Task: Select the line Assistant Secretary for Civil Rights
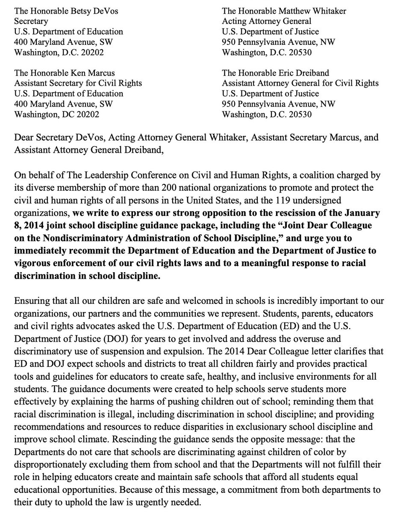point(78,83)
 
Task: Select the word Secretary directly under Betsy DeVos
point(31,20)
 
